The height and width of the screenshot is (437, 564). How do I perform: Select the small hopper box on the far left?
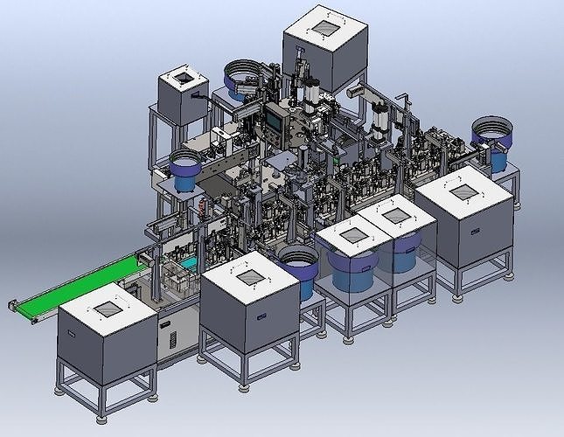click(x=182, y=97)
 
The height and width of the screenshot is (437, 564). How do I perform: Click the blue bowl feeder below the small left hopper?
click(x=185, y=169)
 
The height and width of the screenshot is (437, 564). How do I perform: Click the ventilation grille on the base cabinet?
click(x=170, y=337)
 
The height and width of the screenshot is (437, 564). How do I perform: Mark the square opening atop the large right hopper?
click(x=463, y=191)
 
